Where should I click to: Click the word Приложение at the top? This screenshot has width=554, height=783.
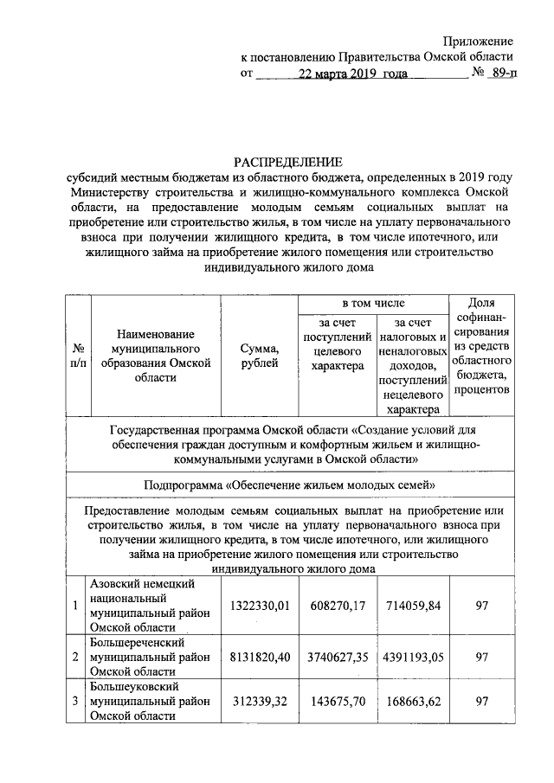(x=478, y=42)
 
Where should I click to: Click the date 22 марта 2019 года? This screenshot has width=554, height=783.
(x=352, y=74)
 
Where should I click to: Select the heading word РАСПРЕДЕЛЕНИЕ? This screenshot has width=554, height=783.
(x=286, y=163)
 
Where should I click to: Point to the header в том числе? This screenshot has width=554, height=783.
(x=372, y=304)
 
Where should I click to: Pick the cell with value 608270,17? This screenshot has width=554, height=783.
(x=336, y=606)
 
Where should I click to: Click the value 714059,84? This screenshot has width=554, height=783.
(x=411, y=606)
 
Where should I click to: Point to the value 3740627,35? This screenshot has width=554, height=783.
(x=336, y=657)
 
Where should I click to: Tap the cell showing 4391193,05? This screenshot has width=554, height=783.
(x=411, y=657)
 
